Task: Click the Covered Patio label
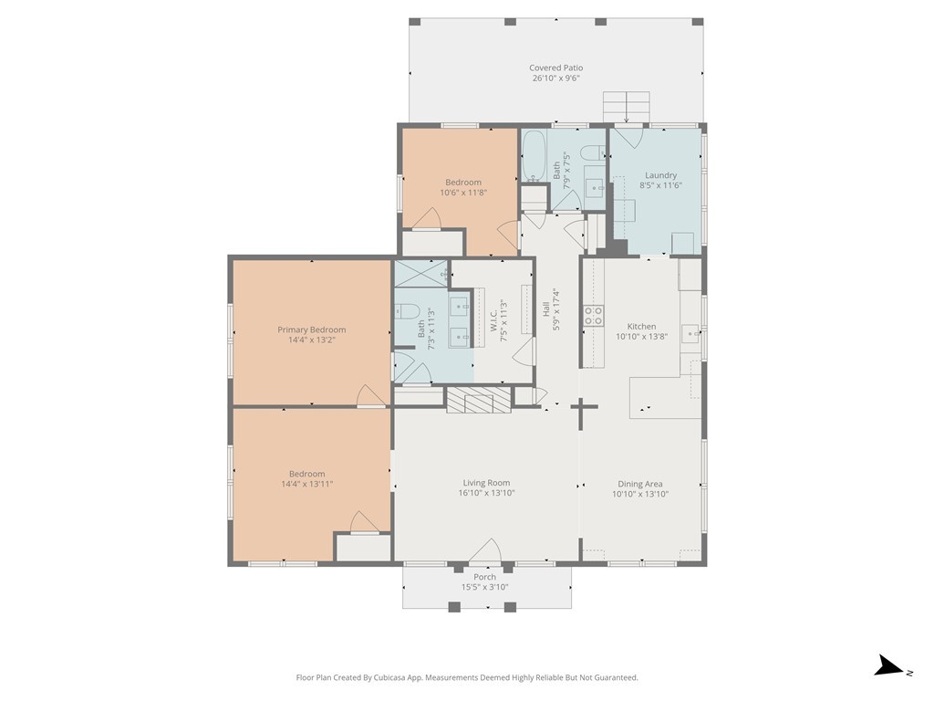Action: point(555,68)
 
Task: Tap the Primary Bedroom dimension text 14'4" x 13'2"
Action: point(312,340)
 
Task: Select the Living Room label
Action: point(486,483)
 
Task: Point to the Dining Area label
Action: point(639,484)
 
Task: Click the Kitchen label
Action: point(641,327)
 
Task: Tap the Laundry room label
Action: point(660,175)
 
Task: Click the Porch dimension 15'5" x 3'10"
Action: point(484,587)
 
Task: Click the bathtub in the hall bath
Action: point(534,155)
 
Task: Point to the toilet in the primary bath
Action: point(408,311)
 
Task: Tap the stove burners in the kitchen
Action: point(593,315)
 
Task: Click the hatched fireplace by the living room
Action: point(479,400)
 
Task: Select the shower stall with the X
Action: point(421,274)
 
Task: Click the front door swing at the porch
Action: point(485,550)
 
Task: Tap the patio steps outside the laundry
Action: point(626,107)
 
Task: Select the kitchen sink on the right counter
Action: point(690,332)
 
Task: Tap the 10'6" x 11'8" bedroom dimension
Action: point(463,193)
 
